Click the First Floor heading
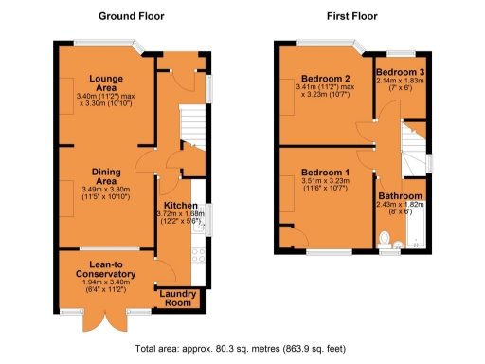(350, 16)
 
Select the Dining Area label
(105, 177)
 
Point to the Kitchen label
(180, 206)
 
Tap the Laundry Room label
(178, 298)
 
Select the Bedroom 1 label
(326, 172)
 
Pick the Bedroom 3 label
(398, 72)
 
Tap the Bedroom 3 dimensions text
(398, 84)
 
